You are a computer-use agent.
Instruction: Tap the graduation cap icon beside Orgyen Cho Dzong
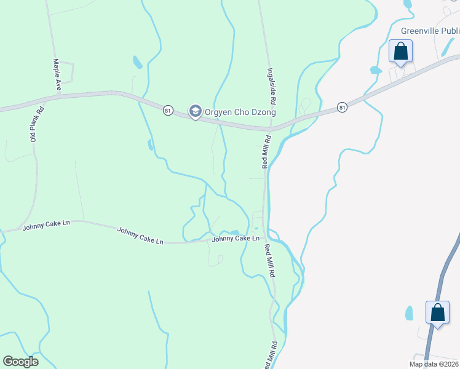[196, 112]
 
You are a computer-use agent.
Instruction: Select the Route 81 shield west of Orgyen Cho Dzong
[168, 110]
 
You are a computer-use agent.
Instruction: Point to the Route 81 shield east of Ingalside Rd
[343, 108]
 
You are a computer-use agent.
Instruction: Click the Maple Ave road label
[57, 75]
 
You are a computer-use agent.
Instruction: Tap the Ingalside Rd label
[270, 85]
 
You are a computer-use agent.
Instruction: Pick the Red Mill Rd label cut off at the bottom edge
[268, 355]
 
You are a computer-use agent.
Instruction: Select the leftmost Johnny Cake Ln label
[46, 226]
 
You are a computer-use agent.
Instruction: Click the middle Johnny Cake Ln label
[140, 236]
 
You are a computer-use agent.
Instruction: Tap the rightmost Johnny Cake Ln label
[235, 238]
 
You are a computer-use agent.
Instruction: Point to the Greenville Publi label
[430, 30]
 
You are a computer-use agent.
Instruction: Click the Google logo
[20, 362]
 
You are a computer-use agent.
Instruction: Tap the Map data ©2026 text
[434, 364]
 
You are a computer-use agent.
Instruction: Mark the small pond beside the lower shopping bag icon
[409, 313]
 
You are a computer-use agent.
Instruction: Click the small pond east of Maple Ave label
[137, 61]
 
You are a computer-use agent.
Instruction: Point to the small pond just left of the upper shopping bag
[375, 70]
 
